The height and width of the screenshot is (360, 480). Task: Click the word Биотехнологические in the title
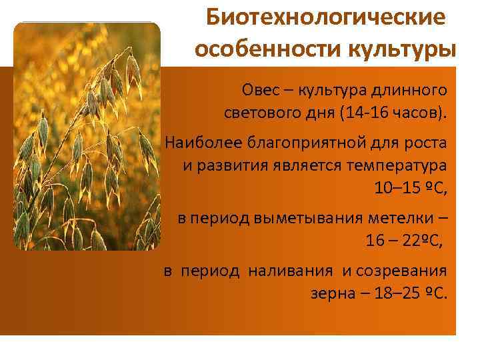326,17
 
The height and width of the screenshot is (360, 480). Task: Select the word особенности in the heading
268,49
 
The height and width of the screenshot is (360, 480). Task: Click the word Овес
261,90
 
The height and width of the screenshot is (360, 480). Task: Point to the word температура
397,166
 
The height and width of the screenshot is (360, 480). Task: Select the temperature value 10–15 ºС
409,187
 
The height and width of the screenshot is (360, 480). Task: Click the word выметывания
309,219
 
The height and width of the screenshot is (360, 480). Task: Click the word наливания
290,271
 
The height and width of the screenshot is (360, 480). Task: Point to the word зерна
333,294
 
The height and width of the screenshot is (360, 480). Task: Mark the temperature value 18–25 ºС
408,293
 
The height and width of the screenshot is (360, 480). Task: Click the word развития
233,166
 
